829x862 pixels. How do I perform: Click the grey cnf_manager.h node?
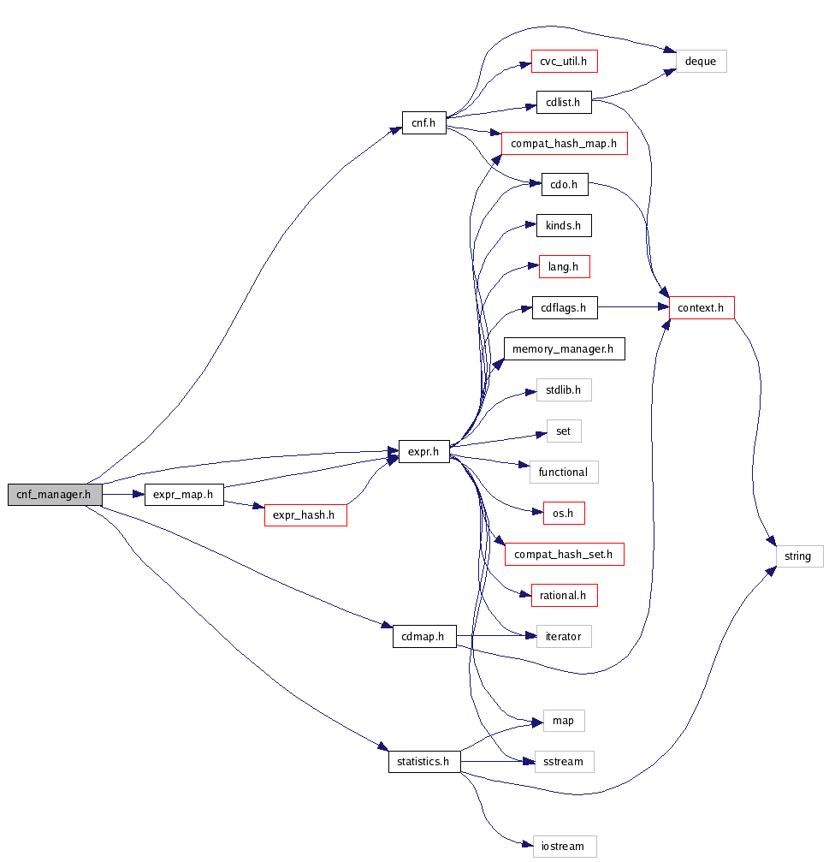coord(55,495)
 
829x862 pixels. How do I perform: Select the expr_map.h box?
coord(184,495)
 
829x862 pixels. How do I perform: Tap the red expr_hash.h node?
coord(305,514)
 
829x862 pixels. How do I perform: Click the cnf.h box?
coord(424,123)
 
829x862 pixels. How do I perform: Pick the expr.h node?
coord(424,452)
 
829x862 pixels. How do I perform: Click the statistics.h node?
coord(424,761)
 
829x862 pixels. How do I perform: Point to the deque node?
coord(701,62)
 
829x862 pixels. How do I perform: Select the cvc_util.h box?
coord(564,62)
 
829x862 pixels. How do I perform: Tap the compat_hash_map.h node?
coord(564,143)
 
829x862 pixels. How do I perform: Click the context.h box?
coord(702,307)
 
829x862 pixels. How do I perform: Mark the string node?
coord(797,556)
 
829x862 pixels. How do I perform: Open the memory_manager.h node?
coord(564,349)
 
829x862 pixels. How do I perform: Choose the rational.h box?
coord(564,596)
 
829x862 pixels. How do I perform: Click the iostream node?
coord(564,847)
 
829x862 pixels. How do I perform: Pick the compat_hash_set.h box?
coord(564,555)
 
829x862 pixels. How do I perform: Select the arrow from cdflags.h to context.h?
coord(632,307)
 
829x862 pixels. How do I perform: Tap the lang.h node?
coord(564,267)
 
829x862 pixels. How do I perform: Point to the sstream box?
coord(564,761)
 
